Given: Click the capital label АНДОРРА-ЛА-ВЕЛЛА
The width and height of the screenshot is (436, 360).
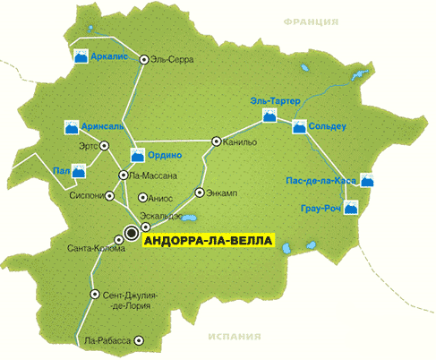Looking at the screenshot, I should [x=206, y=240].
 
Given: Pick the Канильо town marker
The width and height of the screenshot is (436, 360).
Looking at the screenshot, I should [x=216, y=141].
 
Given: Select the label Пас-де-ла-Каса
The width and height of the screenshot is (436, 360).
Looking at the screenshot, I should [x=319, y=181].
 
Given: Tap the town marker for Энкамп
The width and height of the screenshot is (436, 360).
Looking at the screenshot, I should [x=199, y=193].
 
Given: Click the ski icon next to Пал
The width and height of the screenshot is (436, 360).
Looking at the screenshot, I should [x=80, y=169].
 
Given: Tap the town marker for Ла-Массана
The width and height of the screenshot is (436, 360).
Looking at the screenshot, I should [x=123, y=175].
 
